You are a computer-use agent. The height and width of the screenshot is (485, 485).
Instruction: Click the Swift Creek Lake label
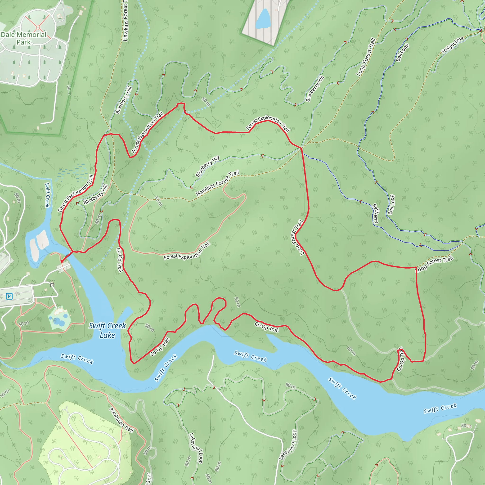[107, 330]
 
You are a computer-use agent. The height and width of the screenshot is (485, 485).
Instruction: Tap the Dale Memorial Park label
[24, 38]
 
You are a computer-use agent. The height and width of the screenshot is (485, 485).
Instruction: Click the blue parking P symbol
[9, 296]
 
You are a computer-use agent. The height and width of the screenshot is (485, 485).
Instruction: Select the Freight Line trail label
[453, 45]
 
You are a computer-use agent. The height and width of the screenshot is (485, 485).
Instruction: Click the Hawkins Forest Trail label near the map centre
[217, 183]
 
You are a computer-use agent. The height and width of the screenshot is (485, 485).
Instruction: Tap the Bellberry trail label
[375, 214]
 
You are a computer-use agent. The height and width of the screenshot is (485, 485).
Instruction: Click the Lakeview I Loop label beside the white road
[288, 445]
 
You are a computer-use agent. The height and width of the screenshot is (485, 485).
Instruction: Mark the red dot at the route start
[62, 261]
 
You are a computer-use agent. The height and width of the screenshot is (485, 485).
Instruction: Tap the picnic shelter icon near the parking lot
[52, 284]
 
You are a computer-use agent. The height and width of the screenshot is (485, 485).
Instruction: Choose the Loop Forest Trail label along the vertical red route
[298, 238]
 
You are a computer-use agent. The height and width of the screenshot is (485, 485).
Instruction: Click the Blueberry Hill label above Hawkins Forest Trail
[207, 166]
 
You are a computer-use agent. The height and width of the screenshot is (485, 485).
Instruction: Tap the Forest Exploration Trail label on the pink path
[187, 252]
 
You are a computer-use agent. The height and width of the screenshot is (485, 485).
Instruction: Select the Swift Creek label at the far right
[440, 408]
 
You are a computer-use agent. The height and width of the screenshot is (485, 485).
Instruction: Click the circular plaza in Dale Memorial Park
[38, 27]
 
